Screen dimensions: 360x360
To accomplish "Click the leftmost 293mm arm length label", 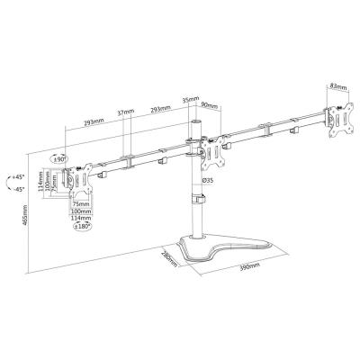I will coord(89,124).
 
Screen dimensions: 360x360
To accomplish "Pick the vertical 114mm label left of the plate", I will coord(40,182).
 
